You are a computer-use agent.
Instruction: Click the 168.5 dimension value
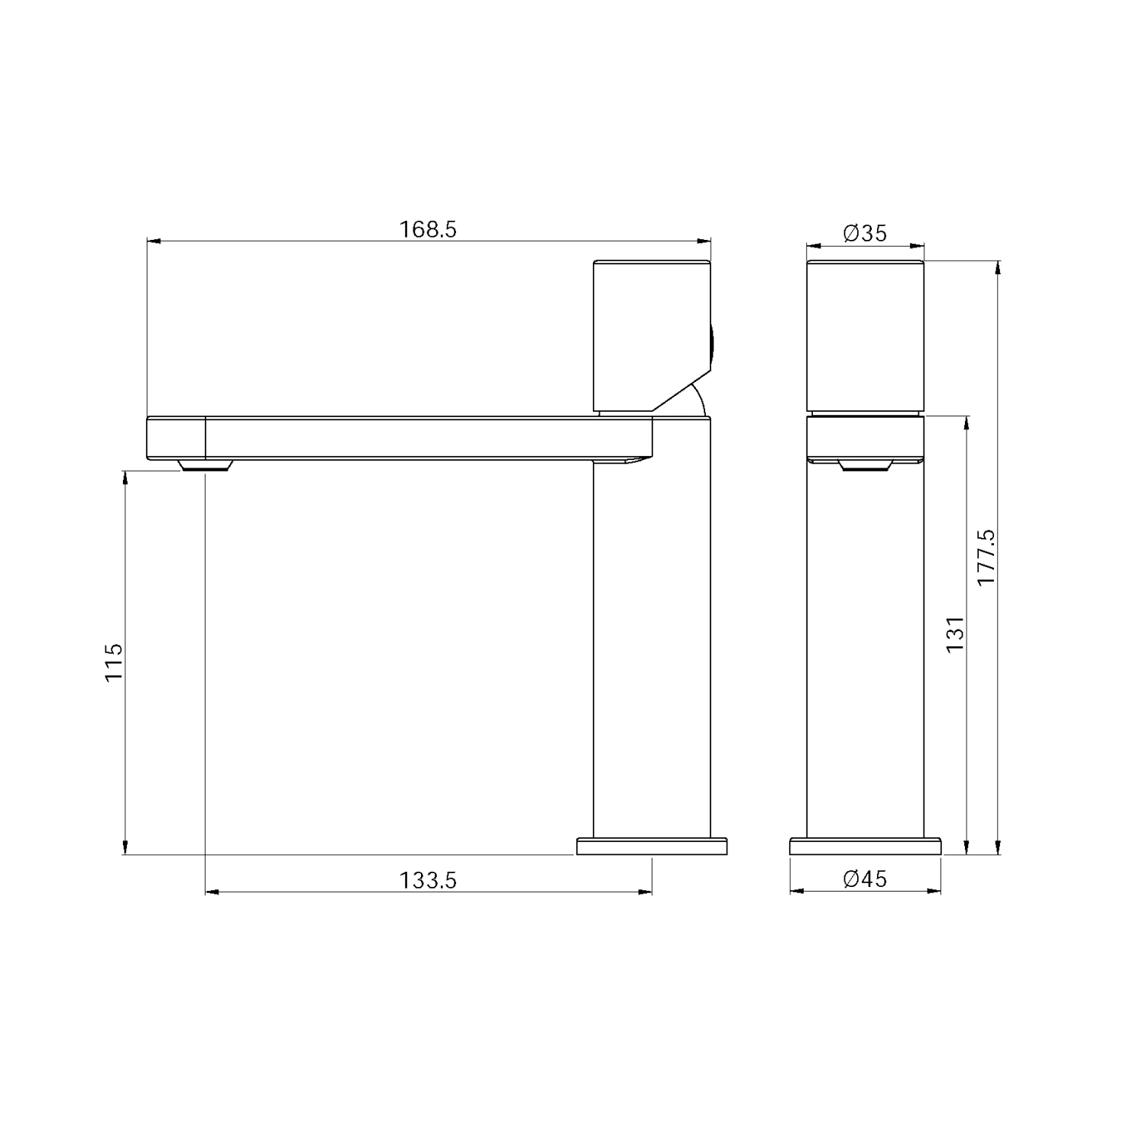[x=428, y=229]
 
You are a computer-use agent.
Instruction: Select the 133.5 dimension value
[x=428, y=881]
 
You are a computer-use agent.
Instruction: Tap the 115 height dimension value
[x=113, y=662]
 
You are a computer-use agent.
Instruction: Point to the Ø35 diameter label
[x=865, y=233]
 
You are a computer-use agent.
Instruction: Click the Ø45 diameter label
[x=865, y=879]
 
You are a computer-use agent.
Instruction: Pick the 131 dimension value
[x=955, y=633]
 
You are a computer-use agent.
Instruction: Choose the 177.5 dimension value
[x=986, y=558]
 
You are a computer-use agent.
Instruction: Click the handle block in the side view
[x=866, y=336]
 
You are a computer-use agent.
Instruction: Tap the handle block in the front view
[x=652, y=336]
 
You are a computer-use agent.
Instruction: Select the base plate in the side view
[x=865, y=847]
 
